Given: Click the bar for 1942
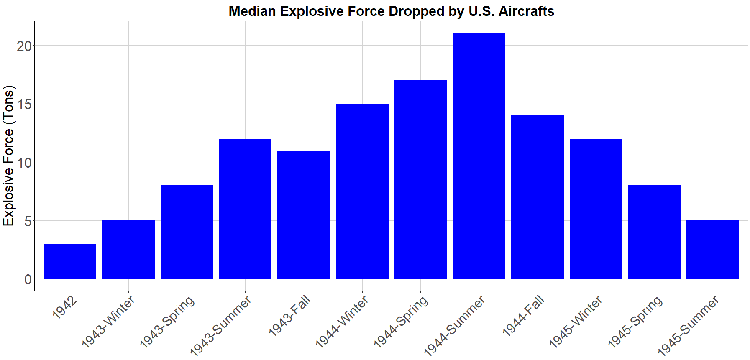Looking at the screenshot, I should point(70,261).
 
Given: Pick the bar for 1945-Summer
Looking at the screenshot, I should point(713,250).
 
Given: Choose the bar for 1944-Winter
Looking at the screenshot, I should point(362,191).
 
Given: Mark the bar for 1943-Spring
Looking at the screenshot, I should point(187,232).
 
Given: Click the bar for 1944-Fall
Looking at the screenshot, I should point(538,197).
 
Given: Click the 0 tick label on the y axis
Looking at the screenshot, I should point(28,279).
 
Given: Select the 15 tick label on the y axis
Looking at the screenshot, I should point(24,104).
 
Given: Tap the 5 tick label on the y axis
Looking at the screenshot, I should point(28,221).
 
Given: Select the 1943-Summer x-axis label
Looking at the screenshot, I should point(221,325).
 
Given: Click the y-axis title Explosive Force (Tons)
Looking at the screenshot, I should point(8,156).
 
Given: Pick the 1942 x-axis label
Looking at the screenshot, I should point(65,307).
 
